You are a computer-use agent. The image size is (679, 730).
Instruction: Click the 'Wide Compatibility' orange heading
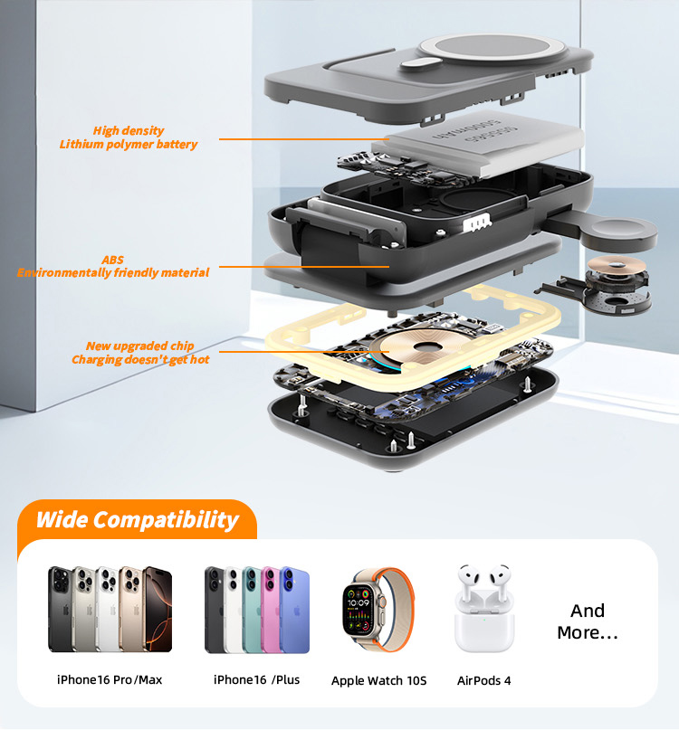pyautogui.click(x=137, y=520)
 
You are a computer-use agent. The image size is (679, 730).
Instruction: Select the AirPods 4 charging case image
pyautogui.click(x=483, y=611)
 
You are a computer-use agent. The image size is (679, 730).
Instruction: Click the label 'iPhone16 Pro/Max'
pyautogui.click(x=110, y=679)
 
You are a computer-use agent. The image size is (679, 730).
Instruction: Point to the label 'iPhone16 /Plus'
pyautogui.click(x=256, y=679)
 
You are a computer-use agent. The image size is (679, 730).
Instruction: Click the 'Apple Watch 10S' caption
pyautogui.click(x=378, y=680)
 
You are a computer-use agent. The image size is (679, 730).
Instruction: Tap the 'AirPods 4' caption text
pyautogui.click(x=483, y=680)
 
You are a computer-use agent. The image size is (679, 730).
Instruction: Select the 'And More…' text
pyautogui.click(x=587, y=621)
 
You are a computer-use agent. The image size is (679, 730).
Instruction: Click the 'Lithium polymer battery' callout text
pyautogui.click(x=128, y=144)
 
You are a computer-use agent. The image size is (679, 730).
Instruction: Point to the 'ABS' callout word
pyautogui.click(x=112, y=260)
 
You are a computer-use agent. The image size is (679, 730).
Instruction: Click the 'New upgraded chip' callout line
pyautogui.click(x=139, y=346)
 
